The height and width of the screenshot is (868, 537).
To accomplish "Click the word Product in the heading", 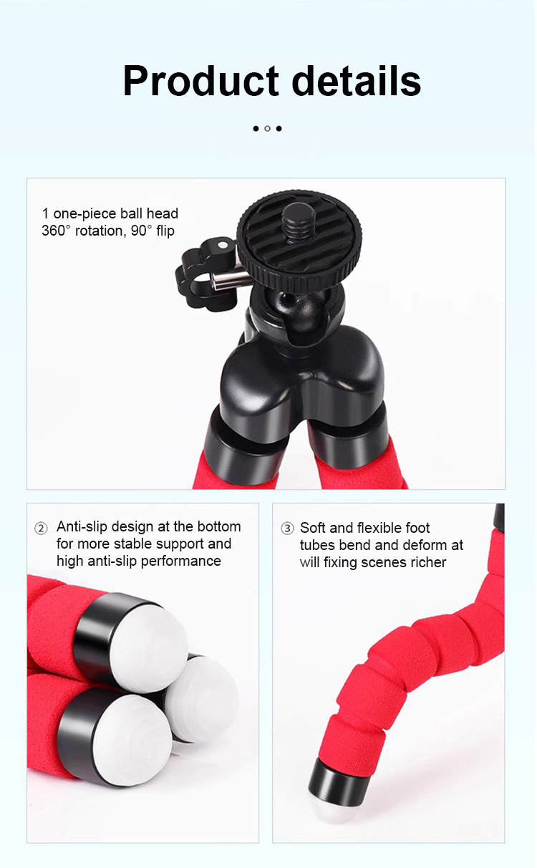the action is (x=200, y=81).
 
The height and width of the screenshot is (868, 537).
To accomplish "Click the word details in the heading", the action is (x=356, y=81).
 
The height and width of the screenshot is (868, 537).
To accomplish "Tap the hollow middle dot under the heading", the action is (x=267, y=128).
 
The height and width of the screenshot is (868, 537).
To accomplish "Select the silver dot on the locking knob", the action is (x=222, y=245).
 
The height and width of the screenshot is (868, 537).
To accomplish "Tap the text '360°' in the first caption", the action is (x=56, y=231).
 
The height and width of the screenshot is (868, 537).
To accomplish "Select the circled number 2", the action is (x=41, y=528).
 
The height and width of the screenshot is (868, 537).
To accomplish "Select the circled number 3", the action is (x=287, y=528).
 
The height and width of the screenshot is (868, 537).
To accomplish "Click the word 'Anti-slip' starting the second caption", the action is (x=82, y=526).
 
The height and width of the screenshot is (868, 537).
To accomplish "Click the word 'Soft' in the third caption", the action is (x=313, y=528).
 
